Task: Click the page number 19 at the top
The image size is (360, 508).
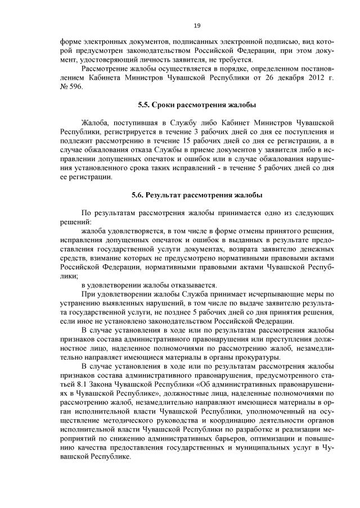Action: pos(197,25)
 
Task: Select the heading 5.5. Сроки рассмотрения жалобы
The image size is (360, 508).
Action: pos(197,105)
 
